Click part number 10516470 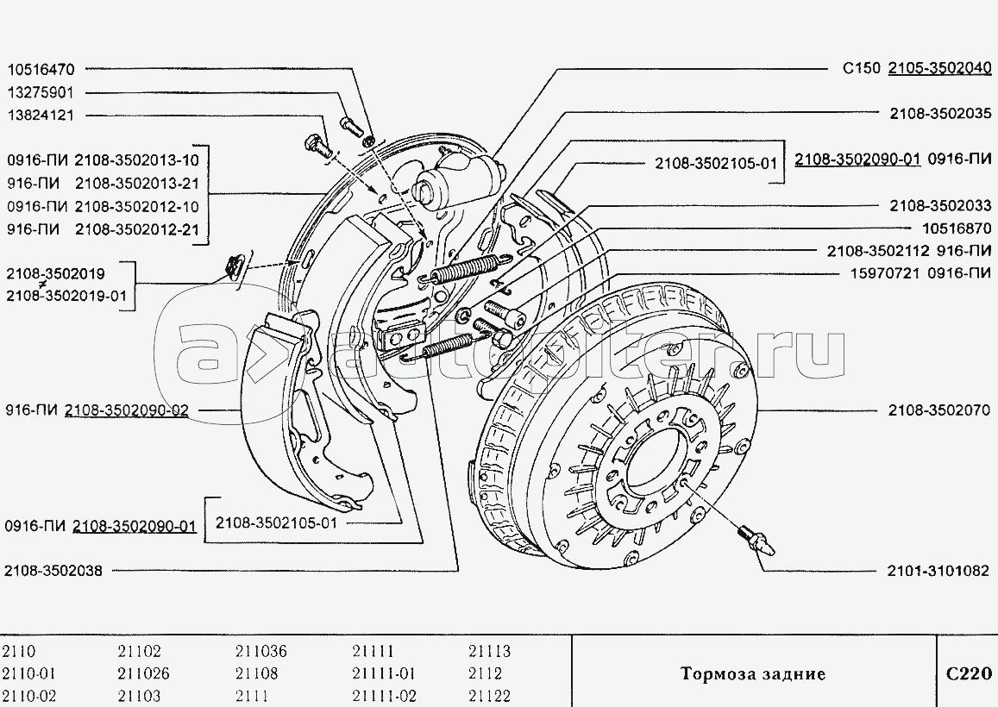41,69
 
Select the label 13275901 41,92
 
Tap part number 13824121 41,115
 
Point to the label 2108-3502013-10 136,160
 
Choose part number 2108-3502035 940,113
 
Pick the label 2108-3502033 940,206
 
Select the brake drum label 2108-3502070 940,410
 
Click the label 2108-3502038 53,570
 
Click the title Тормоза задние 752,673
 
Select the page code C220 967,673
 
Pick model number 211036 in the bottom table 260,652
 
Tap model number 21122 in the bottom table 489,696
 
